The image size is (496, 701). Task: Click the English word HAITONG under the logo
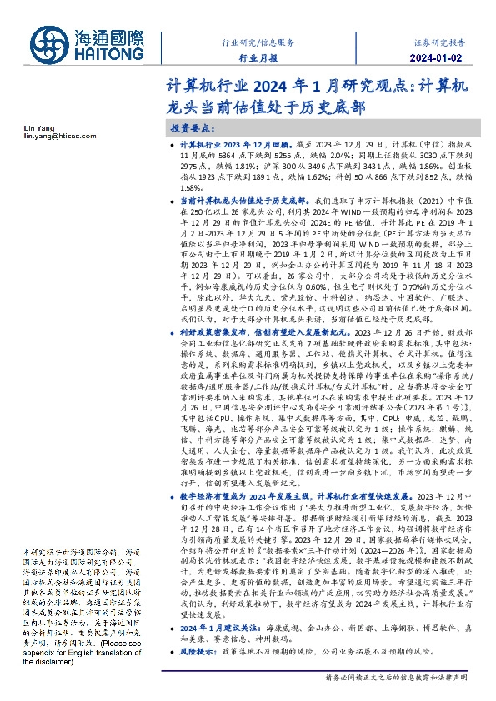113,52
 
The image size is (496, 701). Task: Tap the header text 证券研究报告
438,41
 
